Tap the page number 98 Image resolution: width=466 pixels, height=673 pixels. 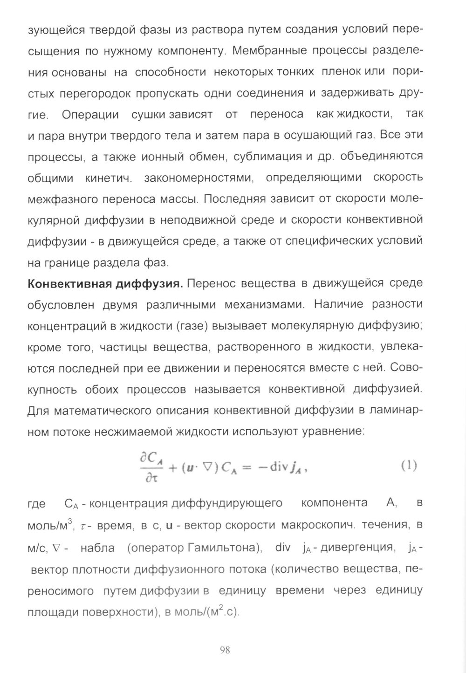225,651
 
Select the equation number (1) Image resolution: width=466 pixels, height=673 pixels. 409,466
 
